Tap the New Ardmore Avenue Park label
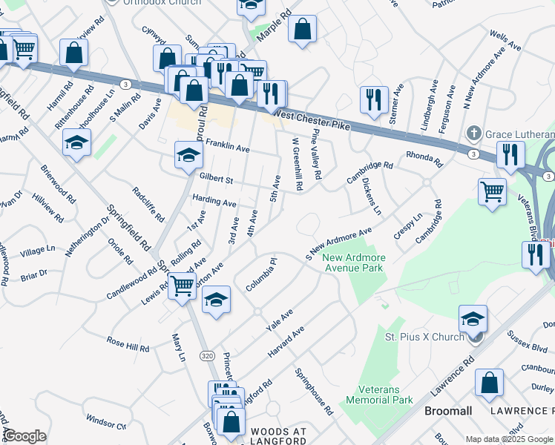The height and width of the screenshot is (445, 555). click(354, 263)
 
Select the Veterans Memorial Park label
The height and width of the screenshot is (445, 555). click(385, 395)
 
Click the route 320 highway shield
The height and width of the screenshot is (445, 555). click(206, 357)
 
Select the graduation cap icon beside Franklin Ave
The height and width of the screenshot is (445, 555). click(188, 155)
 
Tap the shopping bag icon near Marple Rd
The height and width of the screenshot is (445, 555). click(303, 31)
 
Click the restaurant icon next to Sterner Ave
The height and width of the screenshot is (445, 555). click(372, 99)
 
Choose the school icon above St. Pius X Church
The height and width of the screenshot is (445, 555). click(473, 318)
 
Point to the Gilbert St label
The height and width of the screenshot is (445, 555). click(216, 179)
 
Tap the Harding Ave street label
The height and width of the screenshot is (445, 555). click(214, 202)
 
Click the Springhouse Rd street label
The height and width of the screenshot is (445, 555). click(313, 392)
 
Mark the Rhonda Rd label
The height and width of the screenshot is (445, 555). click(424, 159)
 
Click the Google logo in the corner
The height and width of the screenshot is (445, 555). click(24, 436)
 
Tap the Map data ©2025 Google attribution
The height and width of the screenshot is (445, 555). click(510, 439)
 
